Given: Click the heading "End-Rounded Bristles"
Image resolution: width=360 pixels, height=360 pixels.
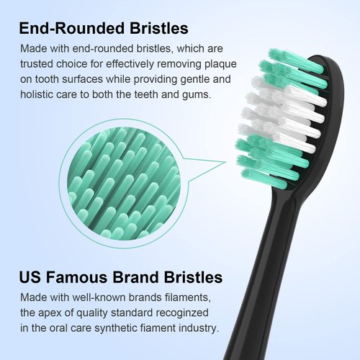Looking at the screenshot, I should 104,30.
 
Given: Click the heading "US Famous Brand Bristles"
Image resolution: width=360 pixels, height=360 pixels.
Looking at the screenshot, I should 120,277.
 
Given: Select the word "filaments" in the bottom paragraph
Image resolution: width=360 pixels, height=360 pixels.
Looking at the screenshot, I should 189,297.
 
